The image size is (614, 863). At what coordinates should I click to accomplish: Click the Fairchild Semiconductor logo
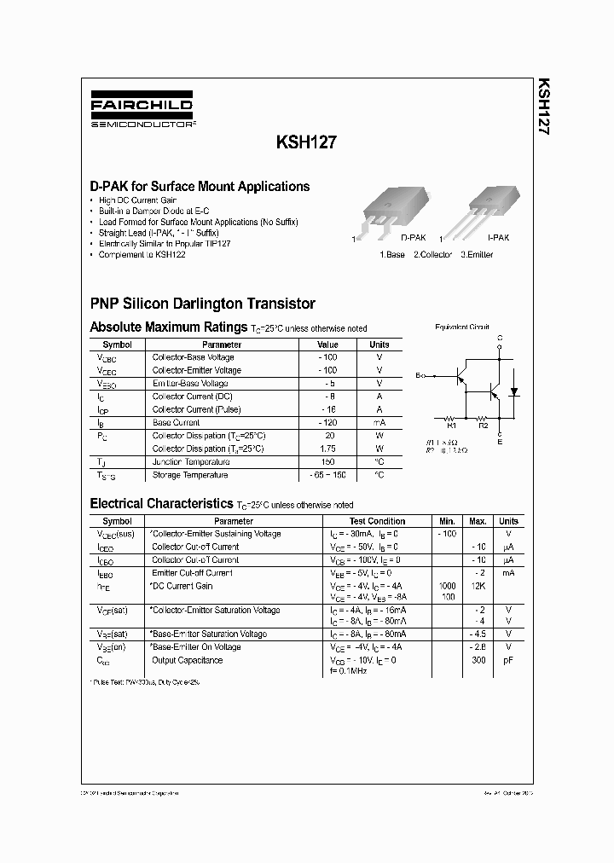(142, 111)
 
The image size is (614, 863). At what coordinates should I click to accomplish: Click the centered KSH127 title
(304, 144)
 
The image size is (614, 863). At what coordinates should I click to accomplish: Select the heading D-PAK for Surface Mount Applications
(200, 186)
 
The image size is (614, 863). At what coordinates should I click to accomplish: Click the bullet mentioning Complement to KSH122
(142, 255)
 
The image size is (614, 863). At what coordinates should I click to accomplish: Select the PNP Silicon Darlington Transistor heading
(202, 304)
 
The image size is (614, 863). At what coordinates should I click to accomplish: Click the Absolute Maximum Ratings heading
(169, 327)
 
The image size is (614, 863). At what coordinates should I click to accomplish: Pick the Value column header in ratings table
(327, 345)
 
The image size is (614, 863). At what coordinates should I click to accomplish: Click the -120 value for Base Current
(327, 422)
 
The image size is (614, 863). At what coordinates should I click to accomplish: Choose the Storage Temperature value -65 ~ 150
(327, 475)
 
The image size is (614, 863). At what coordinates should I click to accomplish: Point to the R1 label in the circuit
(452, 424)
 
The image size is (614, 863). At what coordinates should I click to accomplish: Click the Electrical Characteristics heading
(161, 504)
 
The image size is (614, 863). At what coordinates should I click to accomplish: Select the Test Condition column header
(377, 521)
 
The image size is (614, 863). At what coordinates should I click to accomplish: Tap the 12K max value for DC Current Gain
(478, 586)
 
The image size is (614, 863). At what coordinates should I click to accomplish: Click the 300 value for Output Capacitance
(478, 660)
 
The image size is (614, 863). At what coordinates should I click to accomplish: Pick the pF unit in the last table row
(508, 660)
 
